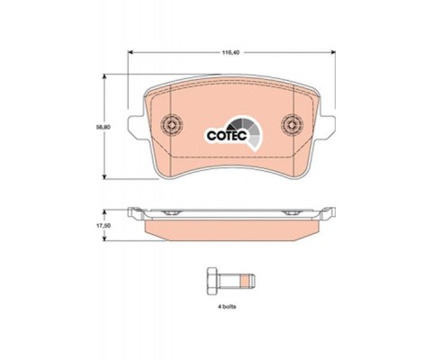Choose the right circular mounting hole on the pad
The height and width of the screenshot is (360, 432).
click(292, 126)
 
